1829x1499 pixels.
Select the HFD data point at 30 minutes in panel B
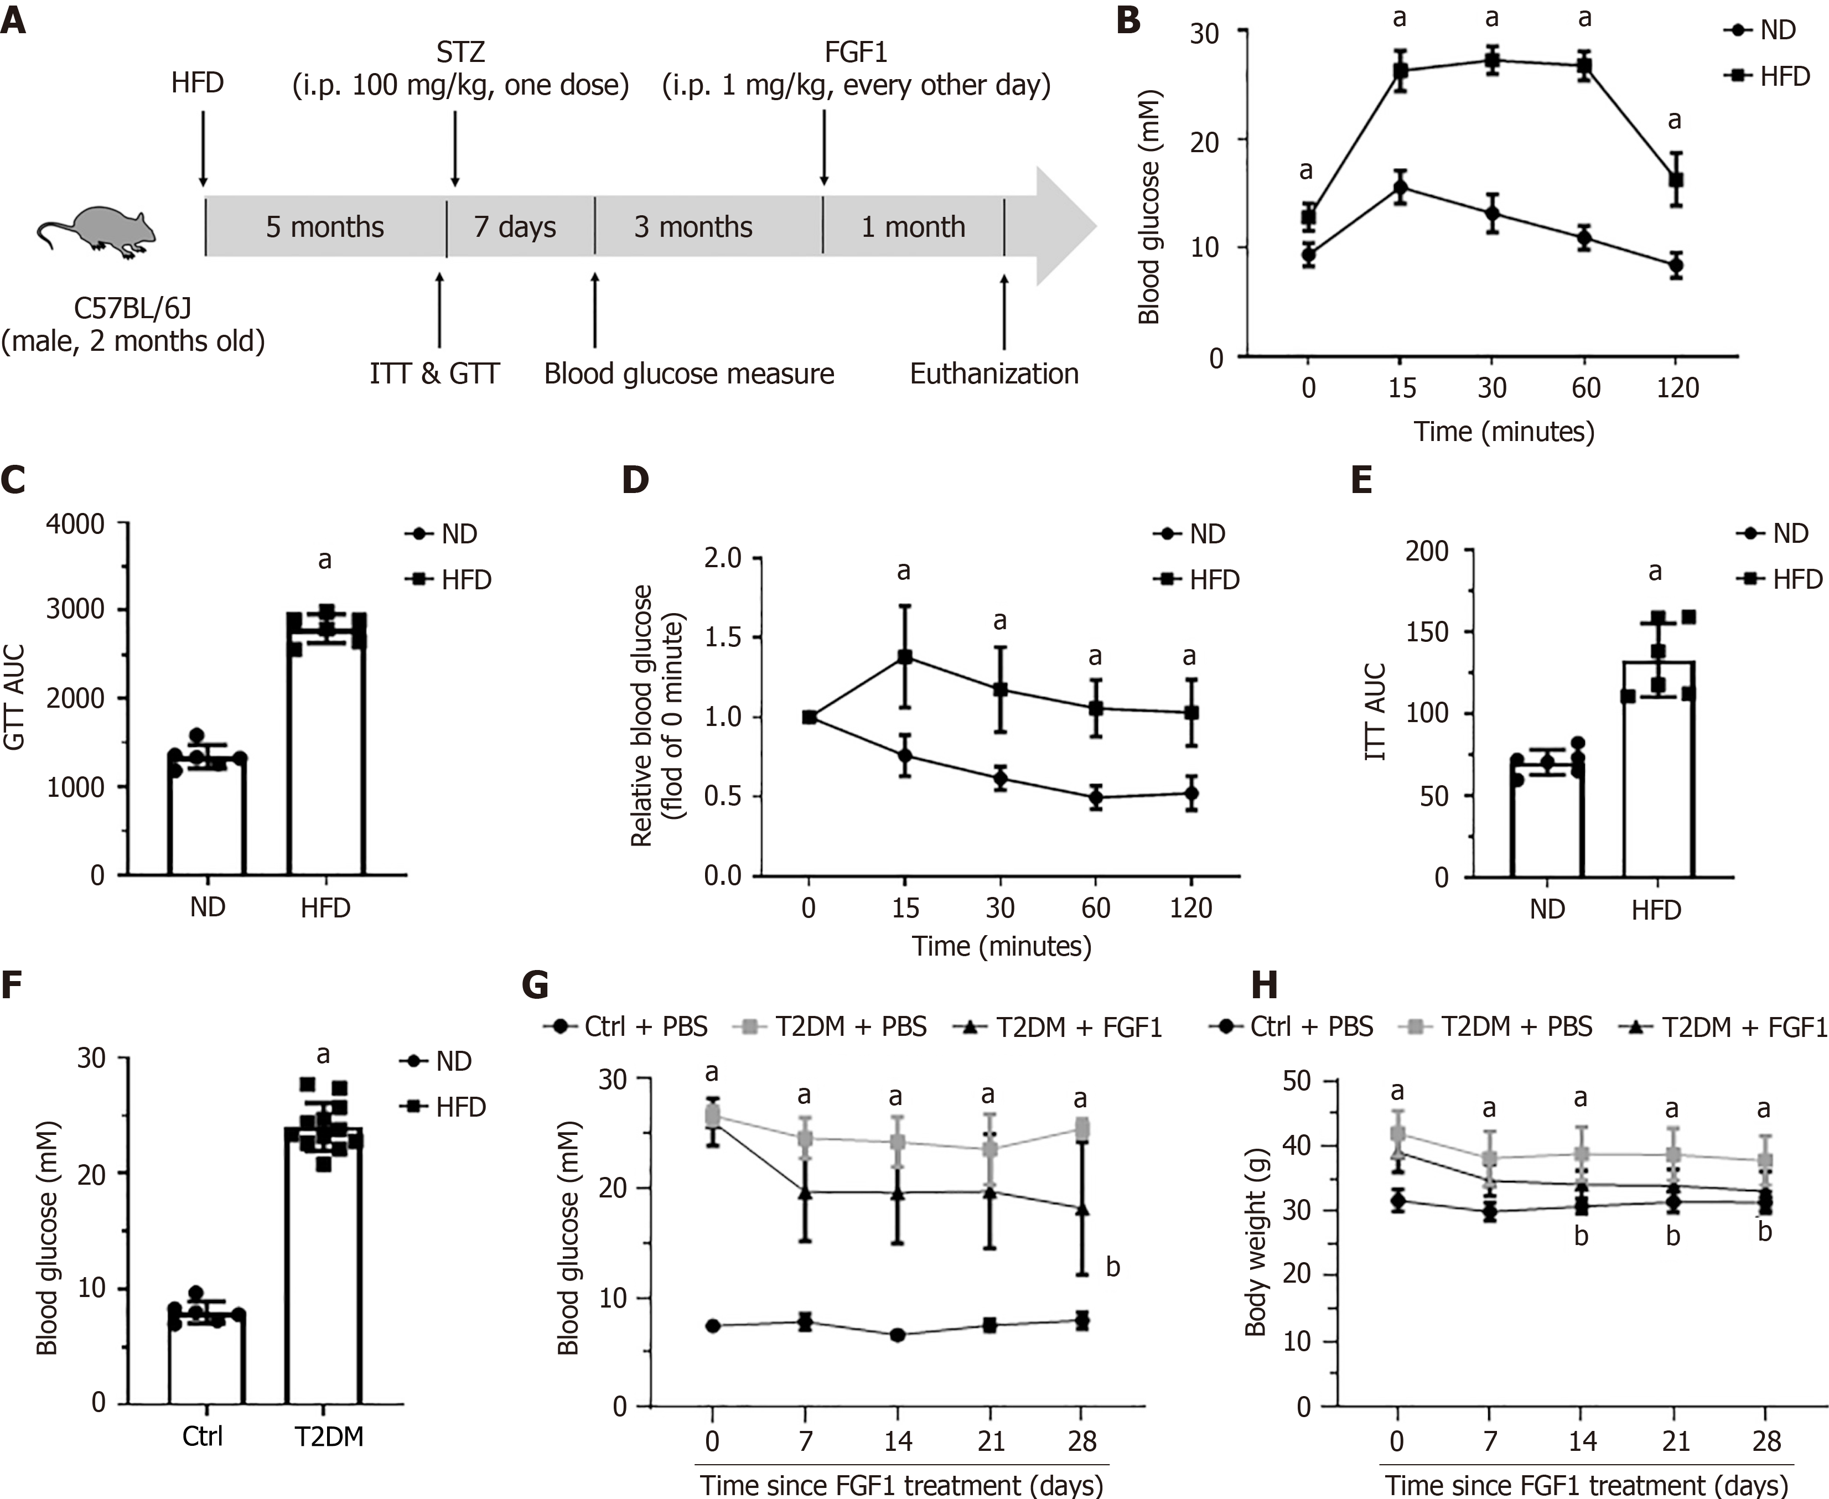point(1491,60)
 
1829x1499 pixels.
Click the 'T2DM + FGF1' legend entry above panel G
point(1060,1026)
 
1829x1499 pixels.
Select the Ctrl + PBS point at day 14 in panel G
point(897,1335)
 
